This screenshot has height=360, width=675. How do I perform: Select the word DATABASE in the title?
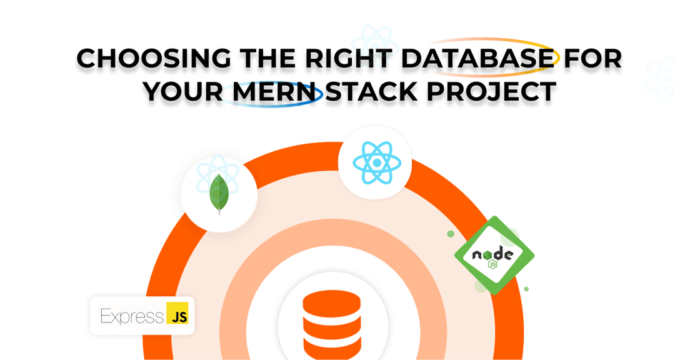pos(477,58)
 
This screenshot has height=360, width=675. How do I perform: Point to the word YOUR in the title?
pos(182,91)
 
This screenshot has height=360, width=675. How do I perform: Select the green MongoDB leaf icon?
pos(219,194)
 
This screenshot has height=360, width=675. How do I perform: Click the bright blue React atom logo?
pos(377,162)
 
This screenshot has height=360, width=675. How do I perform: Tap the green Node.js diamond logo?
pos(494,256)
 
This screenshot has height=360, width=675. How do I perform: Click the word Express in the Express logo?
pos(132,316)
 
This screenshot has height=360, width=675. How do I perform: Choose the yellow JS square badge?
pos(177,313)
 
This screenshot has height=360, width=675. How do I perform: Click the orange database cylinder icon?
pos(332,322)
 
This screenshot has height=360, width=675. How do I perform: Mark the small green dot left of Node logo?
pos(451,234)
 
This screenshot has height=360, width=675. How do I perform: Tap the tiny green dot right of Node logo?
pos(526,289)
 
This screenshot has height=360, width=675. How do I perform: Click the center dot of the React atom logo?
pos(377,162)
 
